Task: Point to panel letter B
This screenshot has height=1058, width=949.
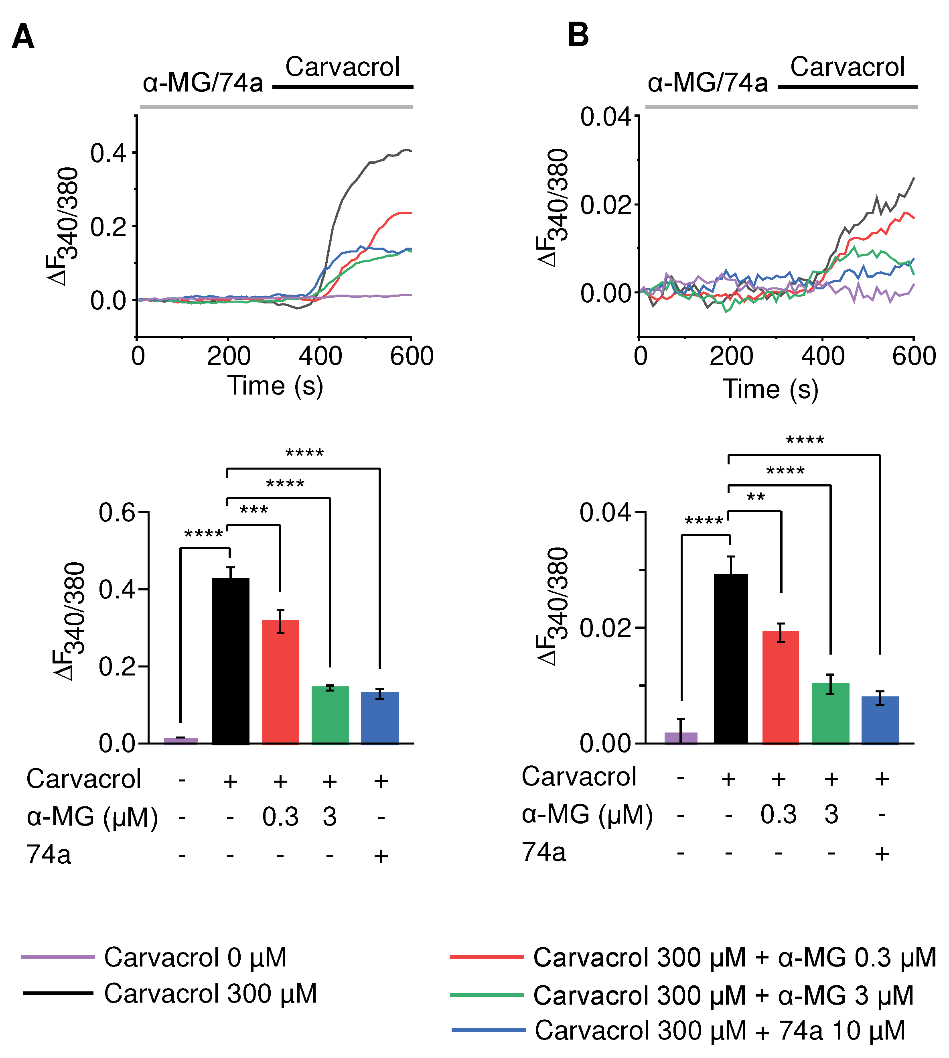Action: tap(578, 35)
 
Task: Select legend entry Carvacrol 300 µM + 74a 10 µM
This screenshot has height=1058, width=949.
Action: tap(720, 1030)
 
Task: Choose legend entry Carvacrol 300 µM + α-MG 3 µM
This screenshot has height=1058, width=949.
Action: tap(723, 995)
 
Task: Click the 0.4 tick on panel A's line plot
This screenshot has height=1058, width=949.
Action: tap(108, 153)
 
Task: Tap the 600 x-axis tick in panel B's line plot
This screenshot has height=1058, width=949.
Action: tap(914, 356)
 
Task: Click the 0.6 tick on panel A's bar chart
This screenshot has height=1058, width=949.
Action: tap(117, 513)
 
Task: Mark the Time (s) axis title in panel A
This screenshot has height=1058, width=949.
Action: tap(275, 387)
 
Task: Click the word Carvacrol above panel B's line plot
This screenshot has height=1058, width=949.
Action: tap(847, 67)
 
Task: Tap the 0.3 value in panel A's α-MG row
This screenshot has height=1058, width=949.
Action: tap(280, 816)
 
